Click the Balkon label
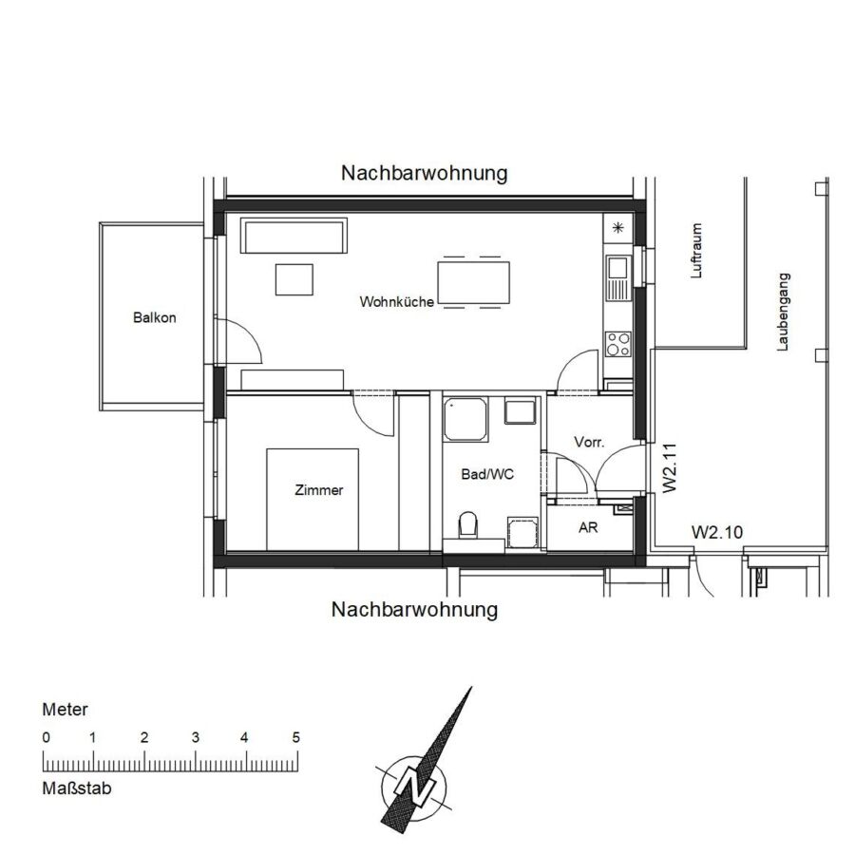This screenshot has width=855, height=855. click(154, 317)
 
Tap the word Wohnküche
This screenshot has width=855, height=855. click(396, 301)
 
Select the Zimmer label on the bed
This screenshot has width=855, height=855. click(318, 489)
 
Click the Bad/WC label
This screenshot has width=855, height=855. click(487, 474)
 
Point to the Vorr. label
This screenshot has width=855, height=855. click(589, 442)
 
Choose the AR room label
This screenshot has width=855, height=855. click(588, 527)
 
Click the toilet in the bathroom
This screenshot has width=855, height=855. click(467, 524)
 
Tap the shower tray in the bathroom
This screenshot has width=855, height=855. click(465, 419)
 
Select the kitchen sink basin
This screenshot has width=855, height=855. click(617, 268)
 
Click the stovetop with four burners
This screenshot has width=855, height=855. click(617, 344)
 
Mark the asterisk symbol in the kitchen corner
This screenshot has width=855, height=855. click(617, 228)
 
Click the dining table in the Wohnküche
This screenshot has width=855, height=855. click(473, 282)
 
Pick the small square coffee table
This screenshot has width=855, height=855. click(294, 279)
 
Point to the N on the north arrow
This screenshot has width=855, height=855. click(414, 788)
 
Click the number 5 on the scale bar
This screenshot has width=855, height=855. click(295, 738)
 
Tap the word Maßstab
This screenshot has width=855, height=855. click(76, 788)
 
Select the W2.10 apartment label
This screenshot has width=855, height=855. click(717, 532)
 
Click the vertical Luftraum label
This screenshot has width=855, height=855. click(695, 251)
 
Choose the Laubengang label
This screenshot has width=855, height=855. click(783, 312)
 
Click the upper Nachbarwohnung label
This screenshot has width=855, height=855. click(425, 173)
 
